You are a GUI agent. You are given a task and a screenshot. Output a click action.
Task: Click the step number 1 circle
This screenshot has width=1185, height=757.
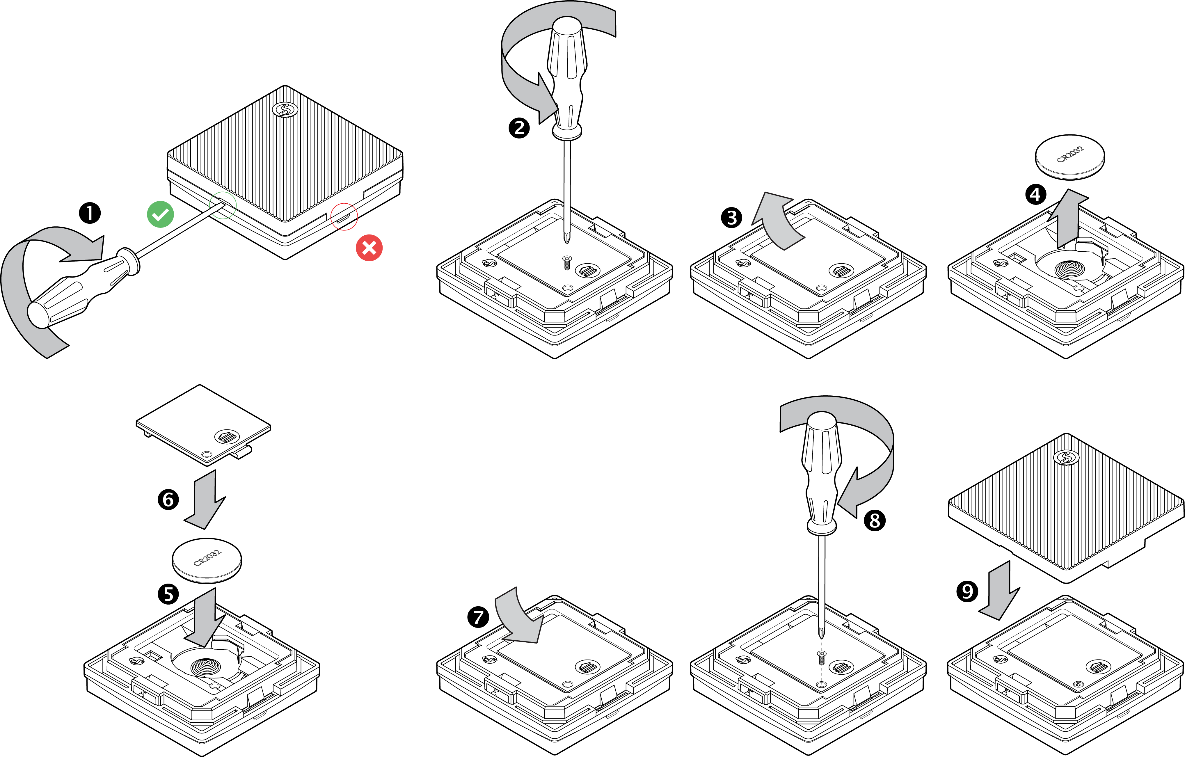[90, 213]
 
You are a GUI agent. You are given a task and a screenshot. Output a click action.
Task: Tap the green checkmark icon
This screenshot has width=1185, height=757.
[160, 215]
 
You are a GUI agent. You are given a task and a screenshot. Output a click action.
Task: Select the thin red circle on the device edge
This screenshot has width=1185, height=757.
[344, 216]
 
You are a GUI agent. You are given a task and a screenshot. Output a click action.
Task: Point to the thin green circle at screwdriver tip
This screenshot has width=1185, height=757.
[223, 205]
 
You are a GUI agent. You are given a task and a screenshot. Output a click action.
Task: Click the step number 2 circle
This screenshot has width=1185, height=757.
[519, 128]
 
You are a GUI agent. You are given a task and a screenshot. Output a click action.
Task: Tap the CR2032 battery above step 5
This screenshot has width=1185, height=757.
[207, 560]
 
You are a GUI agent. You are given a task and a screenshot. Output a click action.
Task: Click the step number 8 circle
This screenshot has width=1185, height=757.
[875, 520]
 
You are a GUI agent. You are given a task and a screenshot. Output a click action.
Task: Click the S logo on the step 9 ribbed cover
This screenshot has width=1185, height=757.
[1066, 458]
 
